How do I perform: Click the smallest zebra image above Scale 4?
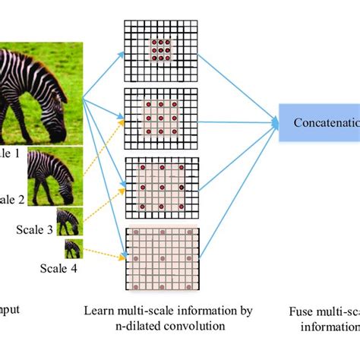(x=74, y=248)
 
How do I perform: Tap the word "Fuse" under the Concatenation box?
(x=303, y=311)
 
